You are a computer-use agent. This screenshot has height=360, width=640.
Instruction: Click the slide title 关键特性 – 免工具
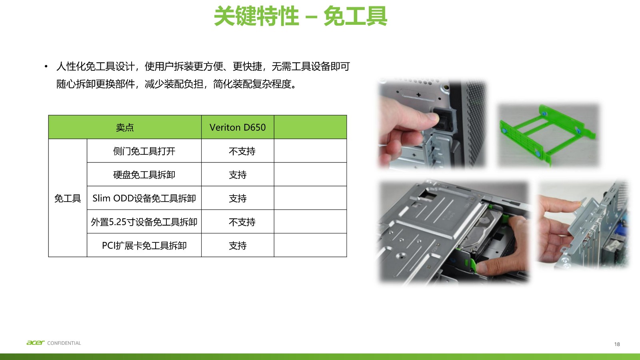300,16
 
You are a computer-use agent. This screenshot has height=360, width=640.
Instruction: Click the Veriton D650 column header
238,127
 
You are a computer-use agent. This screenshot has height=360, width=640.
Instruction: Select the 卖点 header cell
125,127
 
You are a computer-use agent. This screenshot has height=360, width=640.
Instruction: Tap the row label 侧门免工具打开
144,151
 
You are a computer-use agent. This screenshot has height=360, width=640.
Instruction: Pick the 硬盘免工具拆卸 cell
144,175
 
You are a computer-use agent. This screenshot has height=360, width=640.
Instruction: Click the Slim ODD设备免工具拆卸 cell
144,198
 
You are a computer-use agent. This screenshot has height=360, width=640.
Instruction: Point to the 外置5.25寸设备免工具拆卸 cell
144,222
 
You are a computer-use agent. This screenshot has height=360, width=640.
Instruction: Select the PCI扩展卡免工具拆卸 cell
144,246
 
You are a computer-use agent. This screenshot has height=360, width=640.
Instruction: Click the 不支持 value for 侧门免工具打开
242,151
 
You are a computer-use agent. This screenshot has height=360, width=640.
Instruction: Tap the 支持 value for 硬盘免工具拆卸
238,175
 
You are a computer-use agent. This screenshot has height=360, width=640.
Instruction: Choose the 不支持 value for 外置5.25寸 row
242,222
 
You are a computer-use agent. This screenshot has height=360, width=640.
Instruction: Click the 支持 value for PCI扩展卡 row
238,246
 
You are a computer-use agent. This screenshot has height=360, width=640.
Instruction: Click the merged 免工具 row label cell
68,198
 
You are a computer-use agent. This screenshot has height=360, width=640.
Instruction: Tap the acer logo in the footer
35,343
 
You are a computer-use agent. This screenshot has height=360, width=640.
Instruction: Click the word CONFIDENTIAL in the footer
64,343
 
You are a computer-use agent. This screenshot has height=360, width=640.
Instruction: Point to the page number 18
617,344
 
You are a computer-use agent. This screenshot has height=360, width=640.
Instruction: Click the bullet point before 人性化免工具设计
46,66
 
